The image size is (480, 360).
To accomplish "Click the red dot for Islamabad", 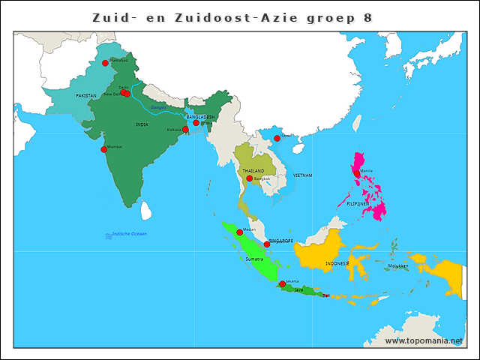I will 105,64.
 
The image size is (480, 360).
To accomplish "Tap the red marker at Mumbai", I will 103,149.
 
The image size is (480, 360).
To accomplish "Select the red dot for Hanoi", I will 277,138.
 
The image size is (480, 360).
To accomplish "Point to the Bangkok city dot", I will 249,178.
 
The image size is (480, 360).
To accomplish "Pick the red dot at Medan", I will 239,232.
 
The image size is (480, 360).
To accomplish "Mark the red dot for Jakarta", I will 282,284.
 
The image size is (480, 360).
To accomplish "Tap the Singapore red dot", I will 266,244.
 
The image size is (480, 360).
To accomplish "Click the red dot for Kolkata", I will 185,130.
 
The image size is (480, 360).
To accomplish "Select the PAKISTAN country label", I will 86,96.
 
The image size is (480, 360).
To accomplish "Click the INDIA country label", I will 141,124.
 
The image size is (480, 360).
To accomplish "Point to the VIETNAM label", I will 302,175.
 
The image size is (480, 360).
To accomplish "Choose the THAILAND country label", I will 253,171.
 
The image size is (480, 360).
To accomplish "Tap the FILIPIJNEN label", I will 356,203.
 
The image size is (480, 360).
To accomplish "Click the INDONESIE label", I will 337,264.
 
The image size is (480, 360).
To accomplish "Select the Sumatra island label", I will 254,259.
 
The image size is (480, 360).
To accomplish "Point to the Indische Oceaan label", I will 129,234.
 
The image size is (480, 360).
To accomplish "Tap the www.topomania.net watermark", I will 424,340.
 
